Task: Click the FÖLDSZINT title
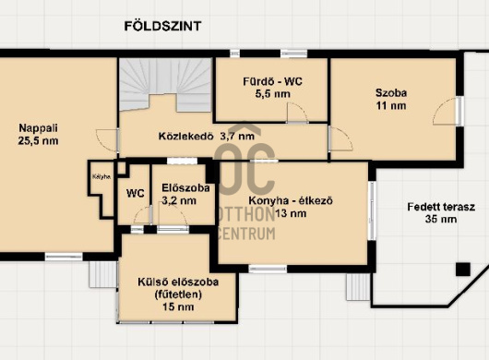pos(162,26)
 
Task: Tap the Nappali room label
pos(39,128)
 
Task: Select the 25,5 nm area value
pos(39,140)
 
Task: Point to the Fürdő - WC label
pos(272,82)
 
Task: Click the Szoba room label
pos(391,93)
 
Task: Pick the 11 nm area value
pos(391,106)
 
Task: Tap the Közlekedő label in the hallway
pos(185,137)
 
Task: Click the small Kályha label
pos(101,176)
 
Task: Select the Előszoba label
pos(185,187)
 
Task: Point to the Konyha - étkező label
pos(291,200)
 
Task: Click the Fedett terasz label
pos(441,207)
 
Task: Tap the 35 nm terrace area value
pos(441,219)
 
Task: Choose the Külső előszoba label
pos(178,282)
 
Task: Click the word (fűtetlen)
pos(178,294)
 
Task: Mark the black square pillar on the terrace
pos(463,270)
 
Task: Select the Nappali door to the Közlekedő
pos(107,140)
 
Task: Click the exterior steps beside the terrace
pos(358,287)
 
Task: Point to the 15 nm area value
pos(178,307)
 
